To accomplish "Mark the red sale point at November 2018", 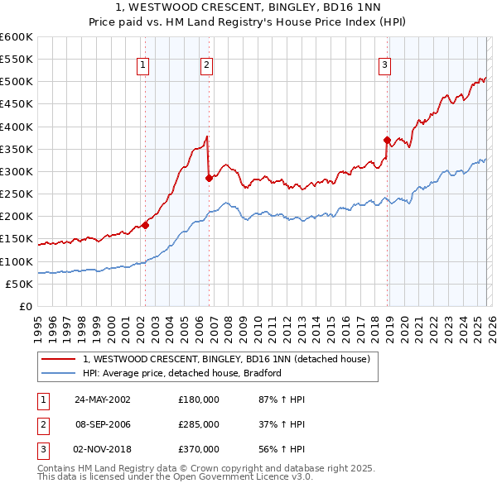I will (x=387, y=140).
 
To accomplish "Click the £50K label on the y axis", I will (x=19, y=284).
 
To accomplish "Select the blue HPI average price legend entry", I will (x=182, y=373).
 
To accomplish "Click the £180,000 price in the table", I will (x=199, y=399).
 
